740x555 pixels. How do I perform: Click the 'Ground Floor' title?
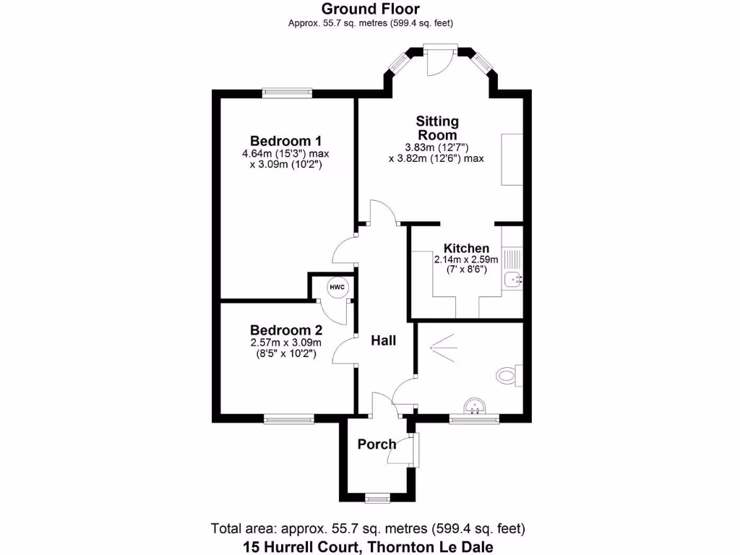tap(370, 9)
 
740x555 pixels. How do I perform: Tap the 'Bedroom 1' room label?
tap(285, 140)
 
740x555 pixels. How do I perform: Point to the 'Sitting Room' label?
tap(437, 128)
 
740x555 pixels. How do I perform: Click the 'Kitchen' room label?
tap(465, 248)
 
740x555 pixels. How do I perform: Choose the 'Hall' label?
tap(383, 340)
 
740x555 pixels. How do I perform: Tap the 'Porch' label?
tap(377, 444)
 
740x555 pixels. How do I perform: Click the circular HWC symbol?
tap(337, 288)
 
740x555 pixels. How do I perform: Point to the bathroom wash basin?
tap(475, 408)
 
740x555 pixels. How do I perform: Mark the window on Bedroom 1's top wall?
tap(287, 92)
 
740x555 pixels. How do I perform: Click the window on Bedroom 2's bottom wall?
tap(288, 418)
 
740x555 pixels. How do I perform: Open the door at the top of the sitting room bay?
tap(439, 59)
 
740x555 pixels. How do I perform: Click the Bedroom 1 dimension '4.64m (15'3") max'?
tap(285, 153)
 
